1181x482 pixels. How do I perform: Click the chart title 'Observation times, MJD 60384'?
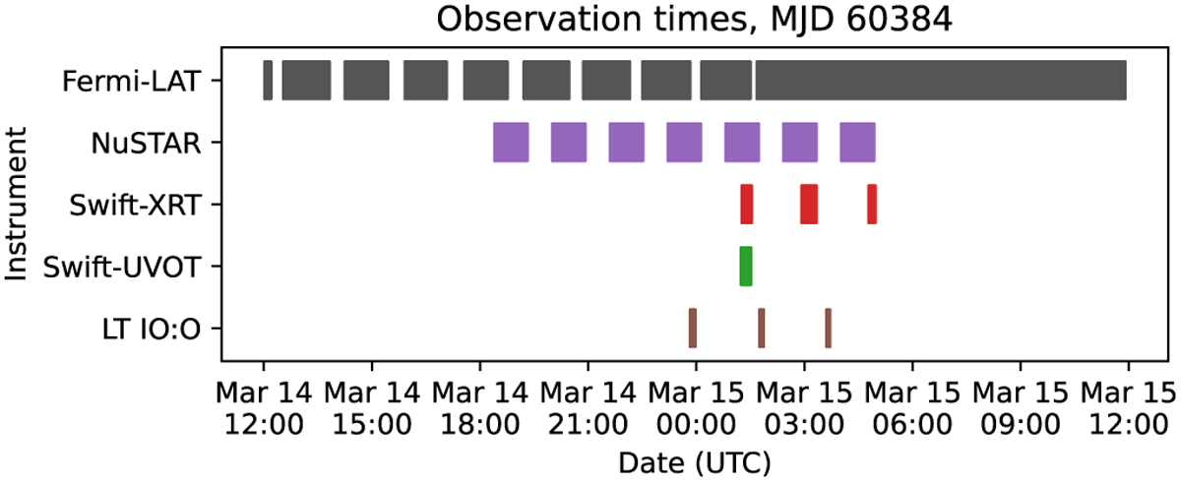coord(695,20)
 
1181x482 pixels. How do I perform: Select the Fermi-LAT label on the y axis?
coord(131,81)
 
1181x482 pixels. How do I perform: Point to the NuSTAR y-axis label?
coord(146,143)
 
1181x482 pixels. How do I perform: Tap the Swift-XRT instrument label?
coord(135,205)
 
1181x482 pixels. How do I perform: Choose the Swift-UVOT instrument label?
coord(122,267)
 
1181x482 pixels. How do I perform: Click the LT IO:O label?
coord(152,329)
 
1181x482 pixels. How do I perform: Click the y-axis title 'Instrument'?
coord(16,204)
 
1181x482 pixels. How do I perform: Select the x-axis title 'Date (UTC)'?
coord(695,463)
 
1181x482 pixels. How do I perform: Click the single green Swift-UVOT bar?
coord(746,266)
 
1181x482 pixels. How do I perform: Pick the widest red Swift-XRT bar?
coord(809,204)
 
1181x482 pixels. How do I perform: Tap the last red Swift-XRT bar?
coord(872,204)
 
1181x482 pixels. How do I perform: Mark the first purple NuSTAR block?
coord(511,143)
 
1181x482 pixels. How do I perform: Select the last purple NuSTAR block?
coord(858,143)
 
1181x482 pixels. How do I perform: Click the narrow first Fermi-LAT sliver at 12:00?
coord(268,80)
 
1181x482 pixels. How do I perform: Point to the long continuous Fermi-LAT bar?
coord(941,80)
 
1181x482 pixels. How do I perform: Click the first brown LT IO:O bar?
coord(693,328)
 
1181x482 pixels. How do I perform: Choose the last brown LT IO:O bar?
coord(829,328)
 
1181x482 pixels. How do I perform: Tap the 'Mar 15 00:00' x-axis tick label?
coord(696,408)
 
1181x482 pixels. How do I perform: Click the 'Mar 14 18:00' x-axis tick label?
coord(480,408)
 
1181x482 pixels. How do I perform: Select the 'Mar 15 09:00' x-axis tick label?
coord(1021,408)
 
